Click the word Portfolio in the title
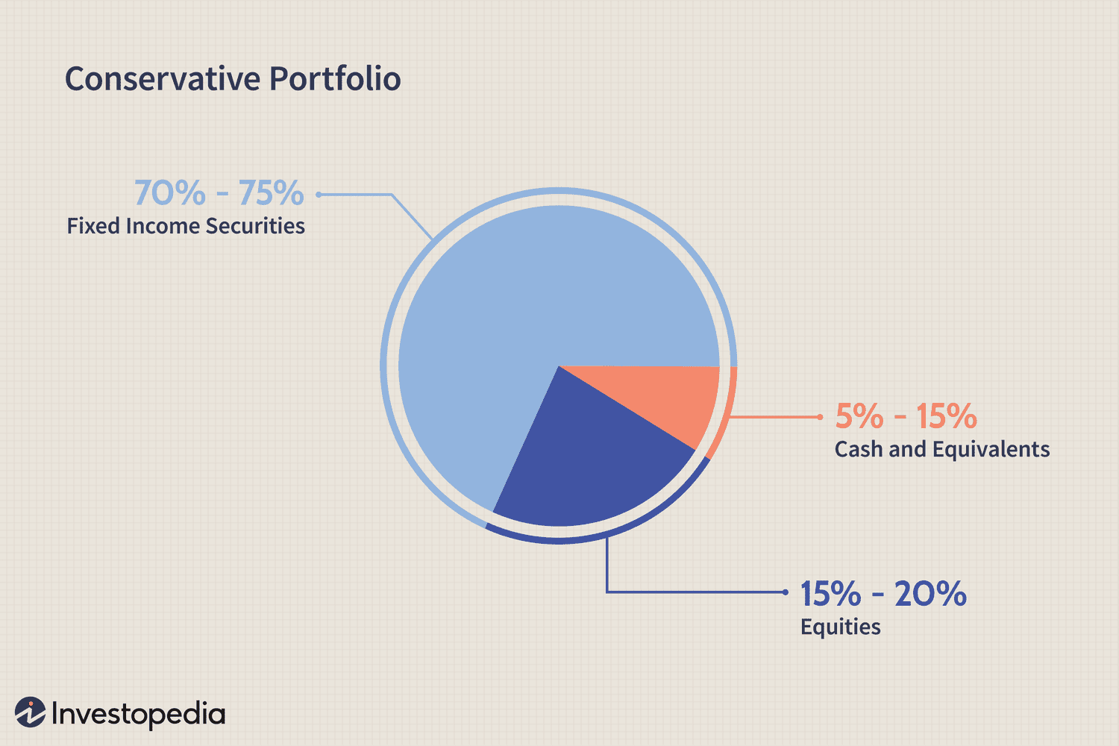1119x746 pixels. (335, 79)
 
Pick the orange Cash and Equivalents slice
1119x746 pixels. (664, 399)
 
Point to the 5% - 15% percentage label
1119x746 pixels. (906, 416)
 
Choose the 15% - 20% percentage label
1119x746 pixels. (883, 594)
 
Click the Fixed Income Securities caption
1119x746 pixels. (186, 226)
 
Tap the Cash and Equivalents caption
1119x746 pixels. (941, 449)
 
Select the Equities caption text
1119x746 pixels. (840, 627)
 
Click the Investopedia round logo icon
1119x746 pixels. (31, 712)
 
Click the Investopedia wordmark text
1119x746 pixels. (138, 714)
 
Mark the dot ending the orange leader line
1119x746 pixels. (820, 417)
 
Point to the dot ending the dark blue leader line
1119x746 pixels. (786, 592)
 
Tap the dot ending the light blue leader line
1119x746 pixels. (319, 195)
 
